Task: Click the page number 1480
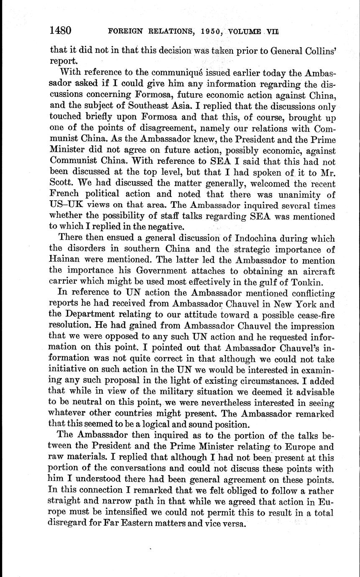[x=61, y=31]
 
